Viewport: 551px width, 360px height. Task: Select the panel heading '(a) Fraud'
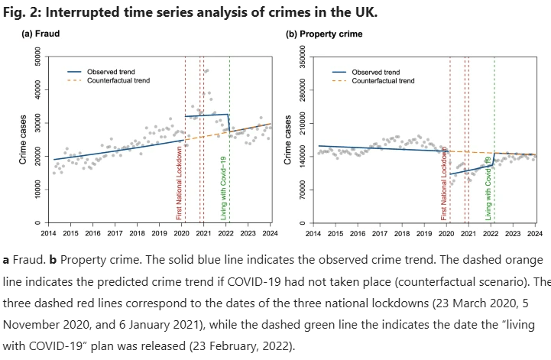(41, 34)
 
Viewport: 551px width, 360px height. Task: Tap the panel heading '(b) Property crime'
(324, 34)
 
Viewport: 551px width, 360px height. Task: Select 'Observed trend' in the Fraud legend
(112, 71)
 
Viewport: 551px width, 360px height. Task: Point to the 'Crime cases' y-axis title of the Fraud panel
(23, 141)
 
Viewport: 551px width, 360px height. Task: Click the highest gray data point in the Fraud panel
(206, 70)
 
